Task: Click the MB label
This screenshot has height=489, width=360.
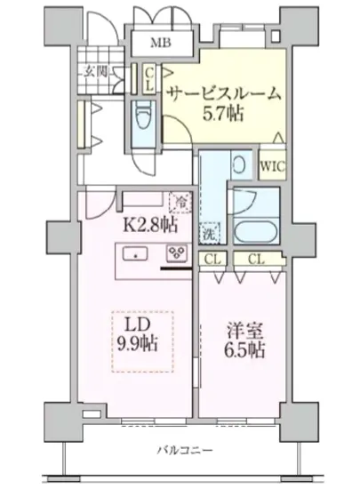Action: (161, 43)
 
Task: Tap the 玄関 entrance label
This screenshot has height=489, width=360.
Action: (95, 74)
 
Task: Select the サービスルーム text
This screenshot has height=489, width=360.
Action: (224, 92)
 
